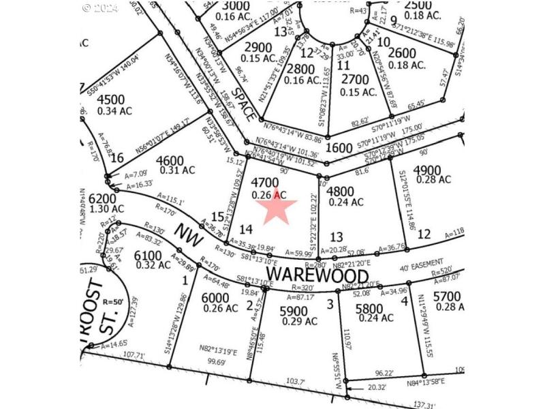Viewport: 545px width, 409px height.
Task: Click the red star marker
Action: point(275,207)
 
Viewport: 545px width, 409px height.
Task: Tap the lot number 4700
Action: point(265,183)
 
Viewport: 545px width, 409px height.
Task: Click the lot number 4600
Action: point(170,160)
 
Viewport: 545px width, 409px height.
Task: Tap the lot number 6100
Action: point(148,255)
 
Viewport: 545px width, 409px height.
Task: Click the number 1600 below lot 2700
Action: point(339,147)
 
